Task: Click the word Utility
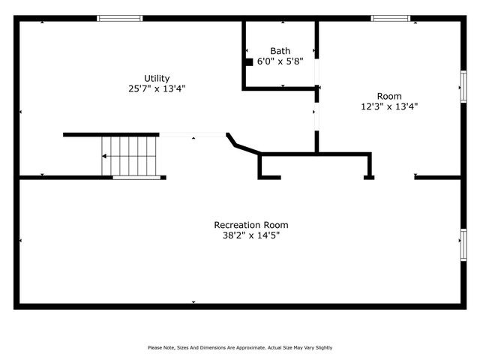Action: pos(157,78)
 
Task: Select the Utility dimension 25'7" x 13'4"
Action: pos(157,88)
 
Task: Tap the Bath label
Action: pos(280,51)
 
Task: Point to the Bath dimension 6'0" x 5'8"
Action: pos(280,61)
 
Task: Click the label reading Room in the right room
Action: pos(389,96)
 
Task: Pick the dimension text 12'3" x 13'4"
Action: pos(389,106)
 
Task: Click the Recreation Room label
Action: pos(250,225)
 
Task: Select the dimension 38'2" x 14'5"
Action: pos(250,235)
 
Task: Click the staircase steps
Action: pos(130,155)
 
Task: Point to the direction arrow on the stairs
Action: pos(106,156)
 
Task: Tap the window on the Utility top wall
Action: pos(120,18)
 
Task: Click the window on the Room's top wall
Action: pos(391,18)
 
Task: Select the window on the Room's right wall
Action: pos(463,85)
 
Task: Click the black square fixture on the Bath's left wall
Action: pos(249,62)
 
